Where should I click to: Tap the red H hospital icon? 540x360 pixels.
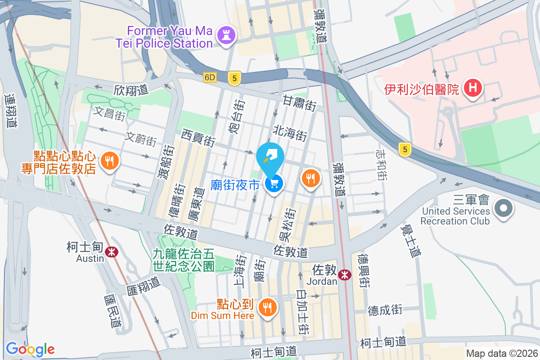[x=473, y=86]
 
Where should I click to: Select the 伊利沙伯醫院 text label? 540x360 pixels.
[x=421, y=89]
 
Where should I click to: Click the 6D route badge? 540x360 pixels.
[x=210, y=77]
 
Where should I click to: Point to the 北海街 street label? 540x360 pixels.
[x=290, y=133]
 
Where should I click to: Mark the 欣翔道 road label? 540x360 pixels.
[x=131, y=90]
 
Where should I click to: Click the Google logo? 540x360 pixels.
[x=30, y=349]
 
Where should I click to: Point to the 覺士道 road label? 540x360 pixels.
[x=409, y=241]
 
